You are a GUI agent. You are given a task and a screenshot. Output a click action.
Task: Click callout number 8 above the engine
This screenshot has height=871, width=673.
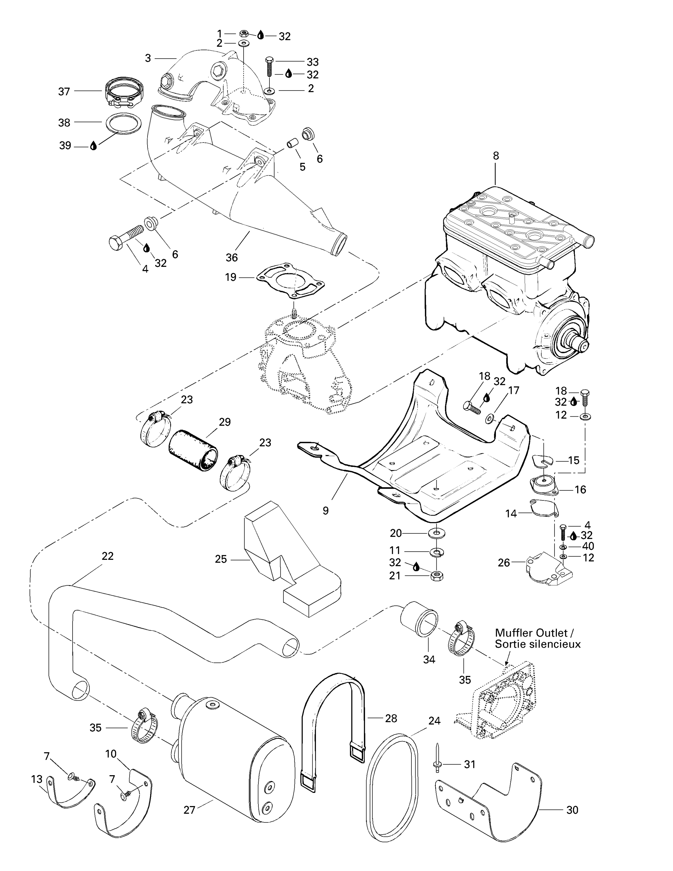tap(496, 156)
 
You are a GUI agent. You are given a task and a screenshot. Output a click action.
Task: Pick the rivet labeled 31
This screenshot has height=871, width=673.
tap(437, 763)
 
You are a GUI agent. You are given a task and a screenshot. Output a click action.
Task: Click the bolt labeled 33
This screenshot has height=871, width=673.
tap(269, 66)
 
